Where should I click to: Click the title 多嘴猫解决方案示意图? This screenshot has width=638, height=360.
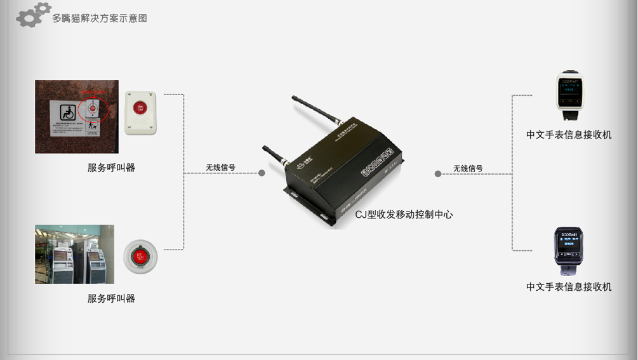(100, 18)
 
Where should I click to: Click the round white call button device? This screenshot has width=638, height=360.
(140, 256)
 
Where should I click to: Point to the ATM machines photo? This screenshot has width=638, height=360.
(74, 254)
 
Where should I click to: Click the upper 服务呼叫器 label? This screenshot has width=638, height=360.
(111, 168)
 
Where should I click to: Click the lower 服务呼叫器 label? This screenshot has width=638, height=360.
(111, 298)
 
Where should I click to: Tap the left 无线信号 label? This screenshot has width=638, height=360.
(220, 168)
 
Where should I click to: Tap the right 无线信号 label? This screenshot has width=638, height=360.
(468, 168)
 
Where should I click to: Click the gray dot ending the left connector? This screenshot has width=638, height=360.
(262, 173)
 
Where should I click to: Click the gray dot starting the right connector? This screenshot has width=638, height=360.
(438, 173)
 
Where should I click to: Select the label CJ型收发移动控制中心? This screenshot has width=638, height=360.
(404, 215)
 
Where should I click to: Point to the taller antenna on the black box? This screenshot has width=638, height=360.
(316, 109)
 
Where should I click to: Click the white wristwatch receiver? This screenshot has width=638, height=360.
(569, 97)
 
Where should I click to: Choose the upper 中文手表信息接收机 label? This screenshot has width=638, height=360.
(569, 135)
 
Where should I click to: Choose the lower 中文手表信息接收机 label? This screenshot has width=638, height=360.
(569, 286)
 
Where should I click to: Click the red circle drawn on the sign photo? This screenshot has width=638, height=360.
(94, 109)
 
